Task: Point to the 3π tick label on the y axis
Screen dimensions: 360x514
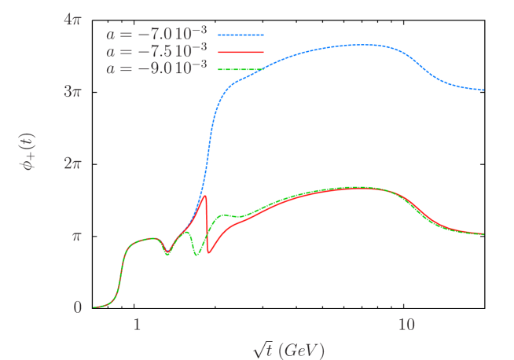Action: (x=72, y=91)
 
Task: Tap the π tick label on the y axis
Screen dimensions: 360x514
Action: (x=77, y=236)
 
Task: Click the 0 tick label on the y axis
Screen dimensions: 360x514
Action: (x=78, y=307)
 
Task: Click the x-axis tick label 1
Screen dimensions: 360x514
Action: (x=137, y=325)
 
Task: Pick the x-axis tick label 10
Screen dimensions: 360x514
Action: (x=406, y=325)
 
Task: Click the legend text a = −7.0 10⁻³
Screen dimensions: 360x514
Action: (x=156, y=34)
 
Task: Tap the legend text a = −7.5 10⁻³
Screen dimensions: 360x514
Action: (x=156, y=51)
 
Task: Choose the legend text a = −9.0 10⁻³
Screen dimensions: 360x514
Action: (x=156, y=68)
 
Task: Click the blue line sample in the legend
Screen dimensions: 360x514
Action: (x=240, y=35)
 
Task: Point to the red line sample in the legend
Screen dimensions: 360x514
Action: (x=240, y=53)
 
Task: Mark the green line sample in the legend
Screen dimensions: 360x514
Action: (x=240, y=70)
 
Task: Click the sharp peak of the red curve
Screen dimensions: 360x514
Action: (x=205, y=196)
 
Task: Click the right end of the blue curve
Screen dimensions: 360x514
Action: (x=483, y=90)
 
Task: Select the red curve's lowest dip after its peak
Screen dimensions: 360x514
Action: (x=209, y=253)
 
